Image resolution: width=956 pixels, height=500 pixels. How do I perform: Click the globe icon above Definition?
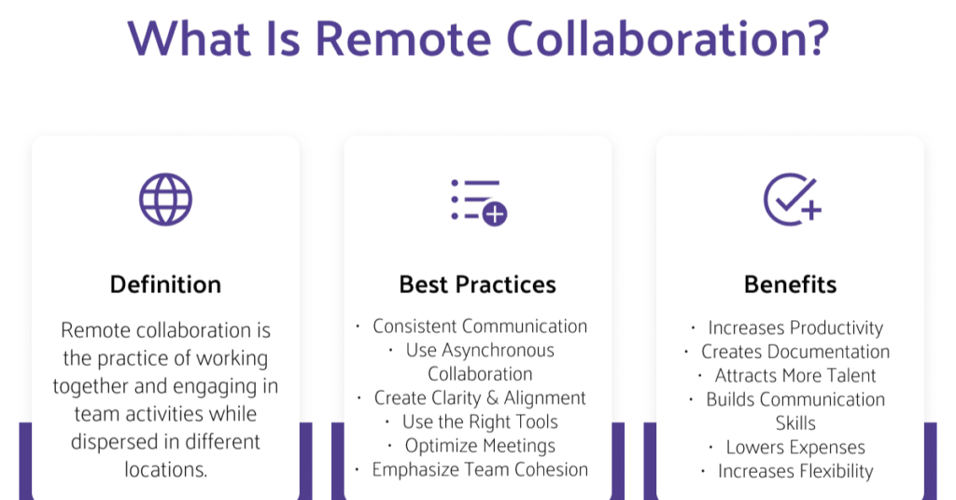(x=165, y=200)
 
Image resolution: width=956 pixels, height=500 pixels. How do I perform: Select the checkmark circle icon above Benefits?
(x=792, y=200)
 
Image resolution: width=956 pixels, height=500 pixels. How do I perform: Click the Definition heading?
(x=165, y=285)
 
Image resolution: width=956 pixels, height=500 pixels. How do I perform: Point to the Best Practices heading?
(x=477, y=285)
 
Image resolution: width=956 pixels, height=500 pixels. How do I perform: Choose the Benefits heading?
(x=790, y=285)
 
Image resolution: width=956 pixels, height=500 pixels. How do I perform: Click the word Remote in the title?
(x=403, y=39)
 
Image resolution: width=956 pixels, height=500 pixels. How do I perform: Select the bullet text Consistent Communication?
(x=480, y=326)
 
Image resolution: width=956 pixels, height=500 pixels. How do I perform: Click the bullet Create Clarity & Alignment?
(x=480, y=397)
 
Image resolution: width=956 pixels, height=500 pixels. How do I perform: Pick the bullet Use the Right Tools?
(x=480, y=422)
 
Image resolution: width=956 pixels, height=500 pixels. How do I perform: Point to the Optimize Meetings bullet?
(x=480, y=446)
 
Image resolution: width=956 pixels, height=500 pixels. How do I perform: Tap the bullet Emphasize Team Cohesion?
(x=480, y=469)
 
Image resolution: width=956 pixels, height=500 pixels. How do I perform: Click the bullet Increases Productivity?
(x=795, y=327)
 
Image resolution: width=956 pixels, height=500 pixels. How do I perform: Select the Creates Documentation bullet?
(x=795, y=352)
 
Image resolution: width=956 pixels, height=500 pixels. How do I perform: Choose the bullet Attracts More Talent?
(x=795, y=375)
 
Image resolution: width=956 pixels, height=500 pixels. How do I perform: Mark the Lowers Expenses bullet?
(x=795, y=447)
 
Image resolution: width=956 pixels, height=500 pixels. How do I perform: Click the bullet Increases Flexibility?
(x=795, y=471)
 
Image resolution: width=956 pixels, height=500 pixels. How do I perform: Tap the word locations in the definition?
(x=166, y=469)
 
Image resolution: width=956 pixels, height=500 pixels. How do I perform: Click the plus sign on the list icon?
(x=495, y=214)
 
